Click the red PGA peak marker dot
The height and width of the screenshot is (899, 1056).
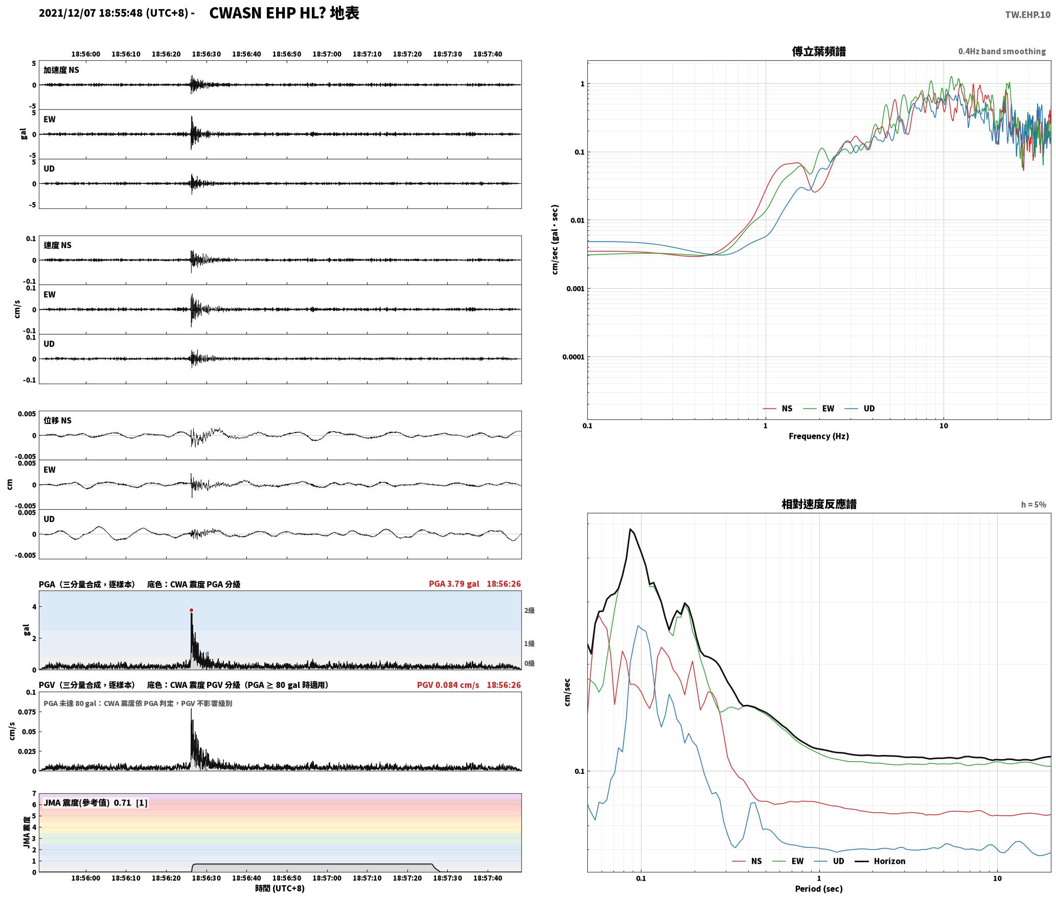191,610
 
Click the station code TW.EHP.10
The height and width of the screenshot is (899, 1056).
1027,15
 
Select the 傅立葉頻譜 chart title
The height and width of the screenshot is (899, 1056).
818,52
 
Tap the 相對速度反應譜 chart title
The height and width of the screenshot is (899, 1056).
819,504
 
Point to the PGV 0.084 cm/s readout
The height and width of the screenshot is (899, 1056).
448,685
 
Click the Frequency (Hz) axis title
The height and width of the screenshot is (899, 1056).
818,436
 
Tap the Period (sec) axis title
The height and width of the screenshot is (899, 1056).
818,888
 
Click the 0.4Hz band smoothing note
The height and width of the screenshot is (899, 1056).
1002,52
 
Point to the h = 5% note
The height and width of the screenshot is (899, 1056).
1034,505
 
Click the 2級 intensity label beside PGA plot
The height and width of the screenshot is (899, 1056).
529,610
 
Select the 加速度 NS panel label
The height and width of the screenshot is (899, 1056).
61,70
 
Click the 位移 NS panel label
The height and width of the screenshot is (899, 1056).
57,420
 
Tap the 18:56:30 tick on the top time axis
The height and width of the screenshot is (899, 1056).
206,54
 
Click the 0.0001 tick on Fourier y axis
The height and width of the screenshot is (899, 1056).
573,357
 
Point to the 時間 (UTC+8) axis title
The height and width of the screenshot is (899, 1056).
280,888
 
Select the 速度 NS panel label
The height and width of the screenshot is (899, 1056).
57,245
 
